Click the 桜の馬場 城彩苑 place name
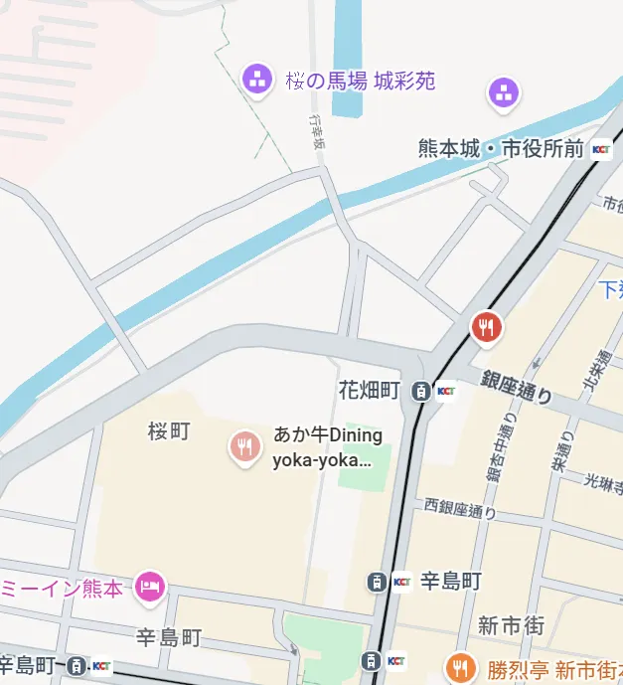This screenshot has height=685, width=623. tap(361, 81)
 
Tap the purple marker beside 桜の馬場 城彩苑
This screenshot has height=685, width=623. tap(257, 78)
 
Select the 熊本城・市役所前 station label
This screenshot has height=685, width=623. tap(501, 149)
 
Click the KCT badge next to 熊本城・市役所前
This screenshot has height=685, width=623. tap(602, 150)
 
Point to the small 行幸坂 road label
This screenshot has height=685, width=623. tap(317, 128)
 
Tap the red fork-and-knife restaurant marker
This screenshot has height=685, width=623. tap(486, 326)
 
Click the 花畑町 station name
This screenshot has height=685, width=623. tap(369, 390)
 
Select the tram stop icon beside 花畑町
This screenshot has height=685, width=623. tap(421, 391)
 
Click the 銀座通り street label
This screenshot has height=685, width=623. tap(517, 388)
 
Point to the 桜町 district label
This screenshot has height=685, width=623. tap(168, 430)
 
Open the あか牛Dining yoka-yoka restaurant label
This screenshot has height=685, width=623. tap(328, 447)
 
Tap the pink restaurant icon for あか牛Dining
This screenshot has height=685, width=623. tap(244, 446)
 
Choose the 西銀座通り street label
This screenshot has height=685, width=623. tap(460, 512)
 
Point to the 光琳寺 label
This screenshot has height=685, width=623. tap(602, 480)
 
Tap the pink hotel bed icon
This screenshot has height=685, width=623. tap(149, 586)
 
